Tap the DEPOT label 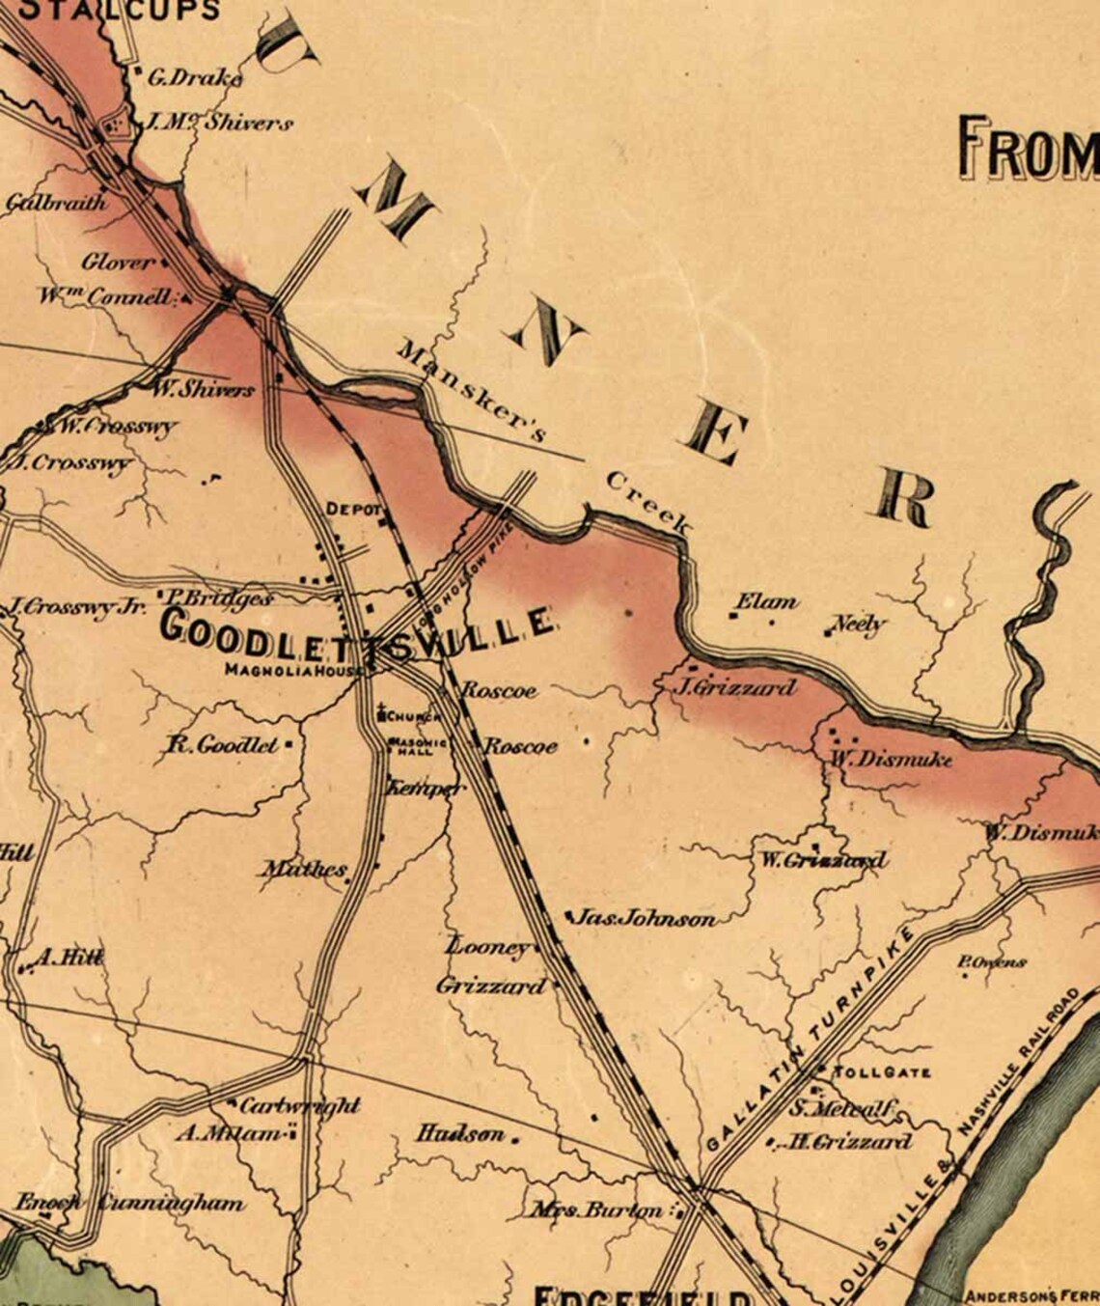(354, 509)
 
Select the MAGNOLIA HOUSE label (294, 670)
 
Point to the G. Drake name (194, 78)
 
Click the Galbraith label (55, 203)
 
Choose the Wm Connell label (106, 296)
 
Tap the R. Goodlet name (223, 745)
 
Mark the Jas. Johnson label (646, 918)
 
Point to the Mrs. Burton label (595, 1209)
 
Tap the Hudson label (461, 1134)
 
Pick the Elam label (767, 602)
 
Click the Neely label (858, 624)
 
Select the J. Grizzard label (739, 687)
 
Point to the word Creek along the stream (647, 503)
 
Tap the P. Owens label (991, 961)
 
